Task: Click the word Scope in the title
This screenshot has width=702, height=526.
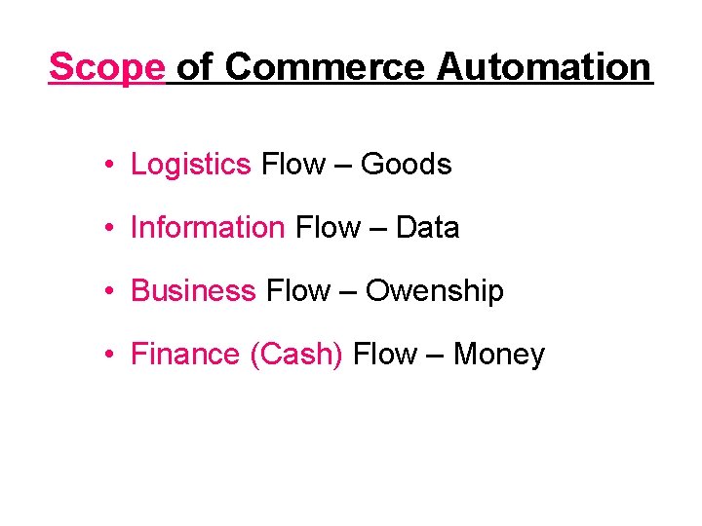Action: tap(107, 67)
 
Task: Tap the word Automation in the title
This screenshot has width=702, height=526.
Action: tap(543, 67)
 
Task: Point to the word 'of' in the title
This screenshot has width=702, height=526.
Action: tap(194, 67)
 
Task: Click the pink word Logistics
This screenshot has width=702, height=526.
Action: tap(191, 165)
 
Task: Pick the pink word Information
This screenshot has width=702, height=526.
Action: tap(208, 228)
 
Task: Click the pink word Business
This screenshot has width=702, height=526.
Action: tap(193, 291)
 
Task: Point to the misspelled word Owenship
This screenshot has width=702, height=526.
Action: tap(434, 291)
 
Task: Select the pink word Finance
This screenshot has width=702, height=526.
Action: tap(186, 355)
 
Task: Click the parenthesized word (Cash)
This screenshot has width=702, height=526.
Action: tap(296, 355)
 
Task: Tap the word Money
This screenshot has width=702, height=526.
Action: tap(498, 355)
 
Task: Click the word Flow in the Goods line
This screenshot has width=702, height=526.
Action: tap(292, 165)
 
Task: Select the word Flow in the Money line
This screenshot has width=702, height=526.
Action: tap(384, 355)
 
